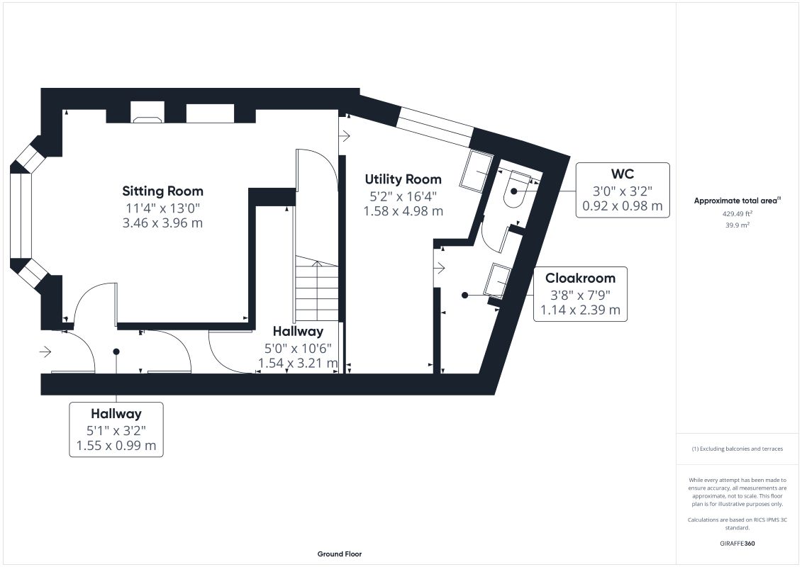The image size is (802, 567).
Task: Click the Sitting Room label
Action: click(162, 191)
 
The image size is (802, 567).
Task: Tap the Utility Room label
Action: click(403, 179)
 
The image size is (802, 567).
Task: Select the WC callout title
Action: click(623, 174)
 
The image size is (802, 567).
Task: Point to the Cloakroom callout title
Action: click(580, 278)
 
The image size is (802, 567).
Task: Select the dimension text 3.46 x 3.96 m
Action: click(162, 223)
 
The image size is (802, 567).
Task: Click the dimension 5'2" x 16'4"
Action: click(403, 196)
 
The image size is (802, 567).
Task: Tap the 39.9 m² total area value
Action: click(737, 225)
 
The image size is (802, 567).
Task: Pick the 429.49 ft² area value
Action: click(737, 214)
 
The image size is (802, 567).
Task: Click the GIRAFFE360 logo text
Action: click(737, 544)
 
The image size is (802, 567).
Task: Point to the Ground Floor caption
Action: click(340, 554)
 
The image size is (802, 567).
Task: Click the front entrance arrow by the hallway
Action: click(45, 352)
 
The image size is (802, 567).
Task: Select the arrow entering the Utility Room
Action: click(345, 136)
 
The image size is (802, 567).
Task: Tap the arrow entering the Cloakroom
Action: click(439, 267)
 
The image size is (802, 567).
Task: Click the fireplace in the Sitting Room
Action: click(147, 113)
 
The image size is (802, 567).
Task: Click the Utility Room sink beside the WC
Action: click(477, 171)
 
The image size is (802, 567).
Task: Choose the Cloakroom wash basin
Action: click(498, 281)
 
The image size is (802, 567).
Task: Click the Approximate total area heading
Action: click(737, 201)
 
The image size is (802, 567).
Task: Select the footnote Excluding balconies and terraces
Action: click(737, 449)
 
